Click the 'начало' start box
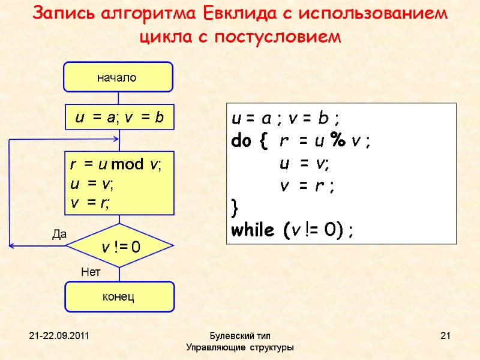119,77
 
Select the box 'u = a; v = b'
119,118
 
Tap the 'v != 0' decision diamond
119,246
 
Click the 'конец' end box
119,296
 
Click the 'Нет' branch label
90,272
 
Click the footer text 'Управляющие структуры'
240,347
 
